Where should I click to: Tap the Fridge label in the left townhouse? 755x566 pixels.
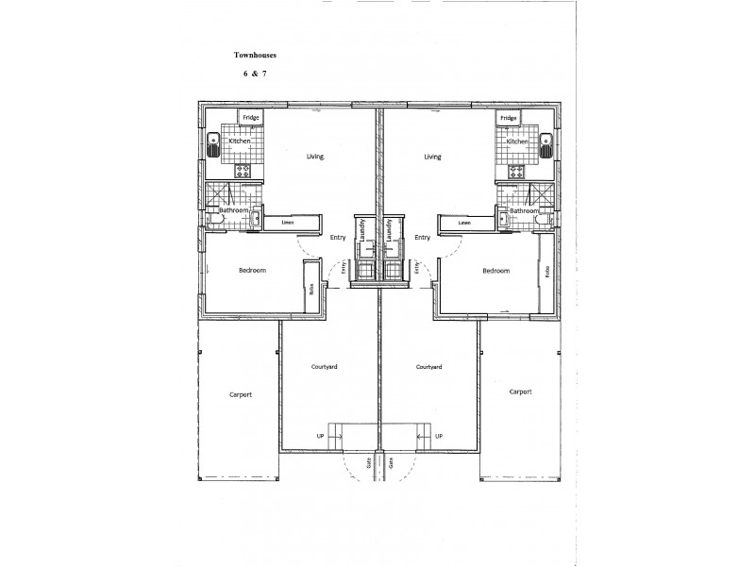(250, 118)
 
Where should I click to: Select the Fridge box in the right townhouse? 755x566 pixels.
(509, 118)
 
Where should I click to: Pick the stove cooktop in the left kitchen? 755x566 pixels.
(243, 172)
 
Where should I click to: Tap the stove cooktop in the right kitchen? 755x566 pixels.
(515, 172)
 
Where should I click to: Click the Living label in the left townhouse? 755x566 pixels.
(315, 158)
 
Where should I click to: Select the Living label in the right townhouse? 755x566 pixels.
(433, 158)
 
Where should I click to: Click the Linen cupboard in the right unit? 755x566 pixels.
(464, 223)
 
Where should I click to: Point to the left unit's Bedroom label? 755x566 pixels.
(252, 271)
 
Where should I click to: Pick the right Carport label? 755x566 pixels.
(521, 391)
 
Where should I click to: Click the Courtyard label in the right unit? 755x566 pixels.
(428, 366)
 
